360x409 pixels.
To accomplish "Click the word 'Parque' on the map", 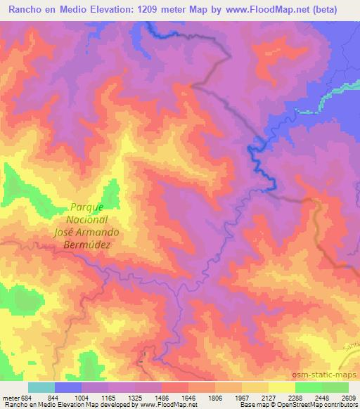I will pyautogui.click(x=87, y=207).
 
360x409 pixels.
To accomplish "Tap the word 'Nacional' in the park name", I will pyautogui.click(x=87, y=219).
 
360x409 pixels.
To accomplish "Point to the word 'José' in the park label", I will pyautogui.click(x=67, y=232).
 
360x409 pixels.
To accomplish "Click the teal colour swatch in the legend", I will pyautogui.click(x=41, y=387).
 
